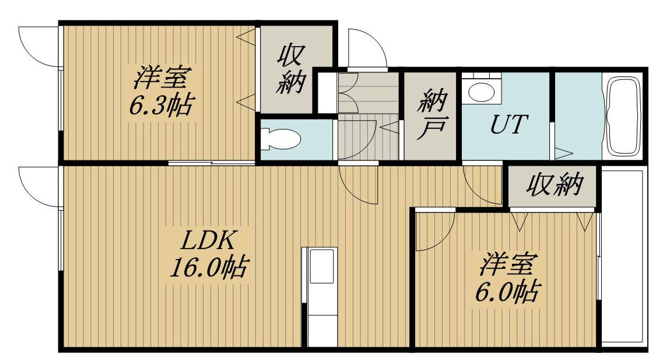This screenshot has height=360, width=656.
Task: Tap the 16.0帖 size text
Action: [x=208, y=268]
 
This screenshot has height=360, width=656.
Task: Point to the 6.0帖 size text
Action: [x=505, y=291]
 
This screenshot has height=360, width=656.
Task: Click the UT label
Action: [x=505, y=124]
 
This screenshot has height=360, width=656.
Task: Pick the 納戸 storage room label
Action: [x=432, y=117]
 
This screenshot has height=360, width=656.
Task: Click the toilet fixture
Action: [x=280, y=139]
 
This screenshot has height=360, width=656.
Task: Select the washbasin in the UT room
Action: [x=481, y=92]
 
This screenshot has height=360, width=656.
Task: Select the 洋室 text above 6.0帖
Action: [x=505, y=264]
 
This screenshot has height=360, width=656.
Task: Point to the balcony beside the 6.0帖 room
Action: [x=622, y=257]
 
